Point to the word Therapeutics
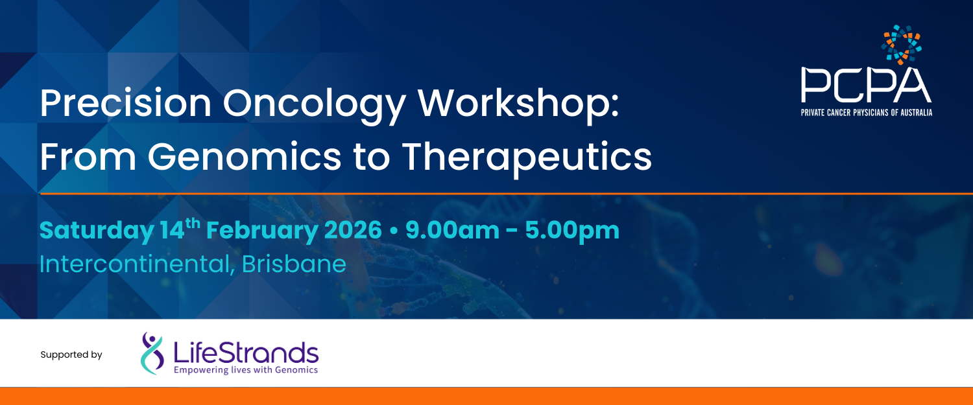(x=525, y=156)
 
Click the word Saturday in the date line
(x=95, y=231)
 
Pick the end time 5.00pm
(x=573, y=231)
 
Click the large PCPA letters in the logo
(x=866, y=86)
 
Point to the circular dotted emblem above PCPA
(x=901, y=45)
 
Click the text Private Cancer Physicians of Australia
(x=866, y=113)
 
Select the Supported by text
(x=71, y=355)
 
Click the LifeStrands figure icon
(x=153, y=353)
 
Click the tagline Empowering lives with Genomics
(x=246, y=370)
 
